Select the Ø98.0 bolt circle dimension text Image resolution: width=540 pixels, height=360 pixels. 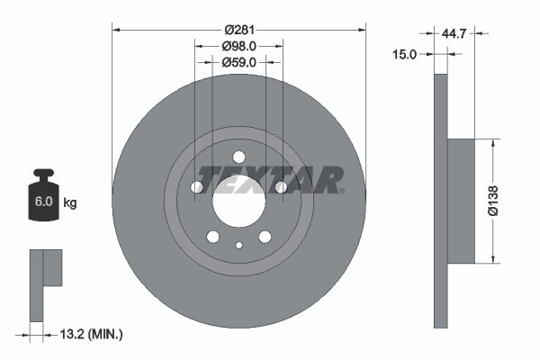click(239, 46)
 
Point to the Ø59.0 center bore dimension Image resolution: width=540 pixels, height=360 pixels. click(239, 63)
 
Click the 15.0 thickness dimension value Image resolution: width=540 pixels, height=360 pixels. click(406, 55)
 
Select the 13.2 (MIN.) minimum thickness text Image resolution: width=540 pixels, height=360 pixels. click(89, 335)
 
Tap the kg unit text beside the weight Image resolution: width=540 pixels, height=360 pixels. click(69, 203)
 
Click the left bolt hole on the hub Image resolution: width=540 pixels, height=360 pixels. click(197, 187)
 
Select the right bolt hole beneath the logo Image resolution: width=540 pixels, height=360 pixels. click(281, 187)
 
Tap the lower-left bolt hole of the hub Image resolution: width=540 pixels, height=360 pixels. click(213, 237)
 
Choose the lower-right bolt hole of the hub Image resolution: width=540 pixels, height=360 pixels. click(265, 237)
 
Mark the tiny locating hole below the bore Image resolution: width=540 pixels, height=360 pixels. click(238, 245)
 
